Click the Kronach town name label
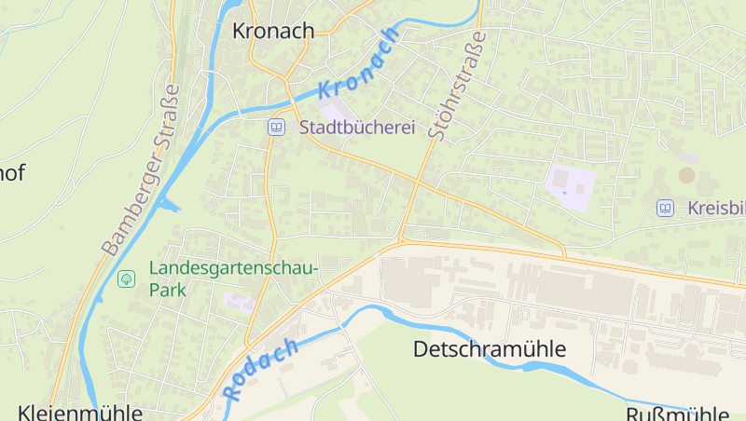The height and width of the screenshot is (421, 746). [272, 31]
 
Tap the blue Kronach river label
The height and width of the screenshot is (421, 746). [360, 64]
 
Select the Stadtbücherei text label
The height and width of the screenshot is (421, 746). [356, 128]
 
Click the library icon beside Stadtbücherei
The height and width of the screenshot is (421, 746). [276, 128]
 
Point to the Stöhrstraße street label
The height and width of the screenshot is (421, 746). [458, 87]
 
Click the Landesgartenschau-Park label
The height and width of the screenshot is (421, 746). [233, 278]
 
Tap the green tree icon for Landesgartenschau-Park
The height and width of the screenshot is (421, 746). [126, 278]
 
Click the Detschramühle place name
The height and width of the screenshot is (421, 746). [490, 349]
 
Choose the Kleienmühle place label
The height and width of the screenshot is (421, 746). [80, 412]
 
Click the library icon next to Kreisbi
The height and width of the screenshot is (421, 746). [665, 208]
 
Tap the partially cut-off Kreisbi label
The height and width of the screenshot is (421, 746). [716, 208]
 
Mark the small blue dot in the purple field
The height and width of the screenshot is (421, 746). [563, 192]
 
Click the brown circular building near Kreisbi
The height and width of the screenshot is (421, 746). [687, 174]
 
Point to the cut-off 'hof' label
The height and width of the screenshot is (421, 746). [12, 171]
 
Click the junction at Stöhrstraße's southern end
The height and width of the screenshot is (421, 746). [402, 241]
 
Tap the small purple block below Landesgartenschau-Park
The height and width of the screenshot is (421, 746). [237, 302]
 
